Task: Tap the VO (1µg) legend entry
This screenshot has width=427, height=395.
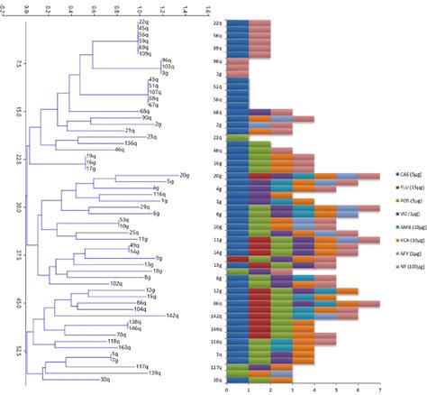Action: click(404, 215)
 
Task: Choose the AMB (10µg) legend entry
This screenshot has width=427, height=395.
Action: click(406, 229)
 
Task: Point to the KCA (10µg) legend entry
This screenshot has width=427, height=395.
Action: click(406, 243)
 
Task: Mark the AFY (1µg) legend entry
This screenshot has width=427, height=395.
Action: click(405, 258)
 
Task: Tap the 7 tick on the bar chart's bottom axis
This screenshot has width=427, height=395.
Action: click(380, 390)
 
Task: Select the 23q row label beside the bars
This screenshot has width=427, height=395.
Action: click(218, 137)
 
